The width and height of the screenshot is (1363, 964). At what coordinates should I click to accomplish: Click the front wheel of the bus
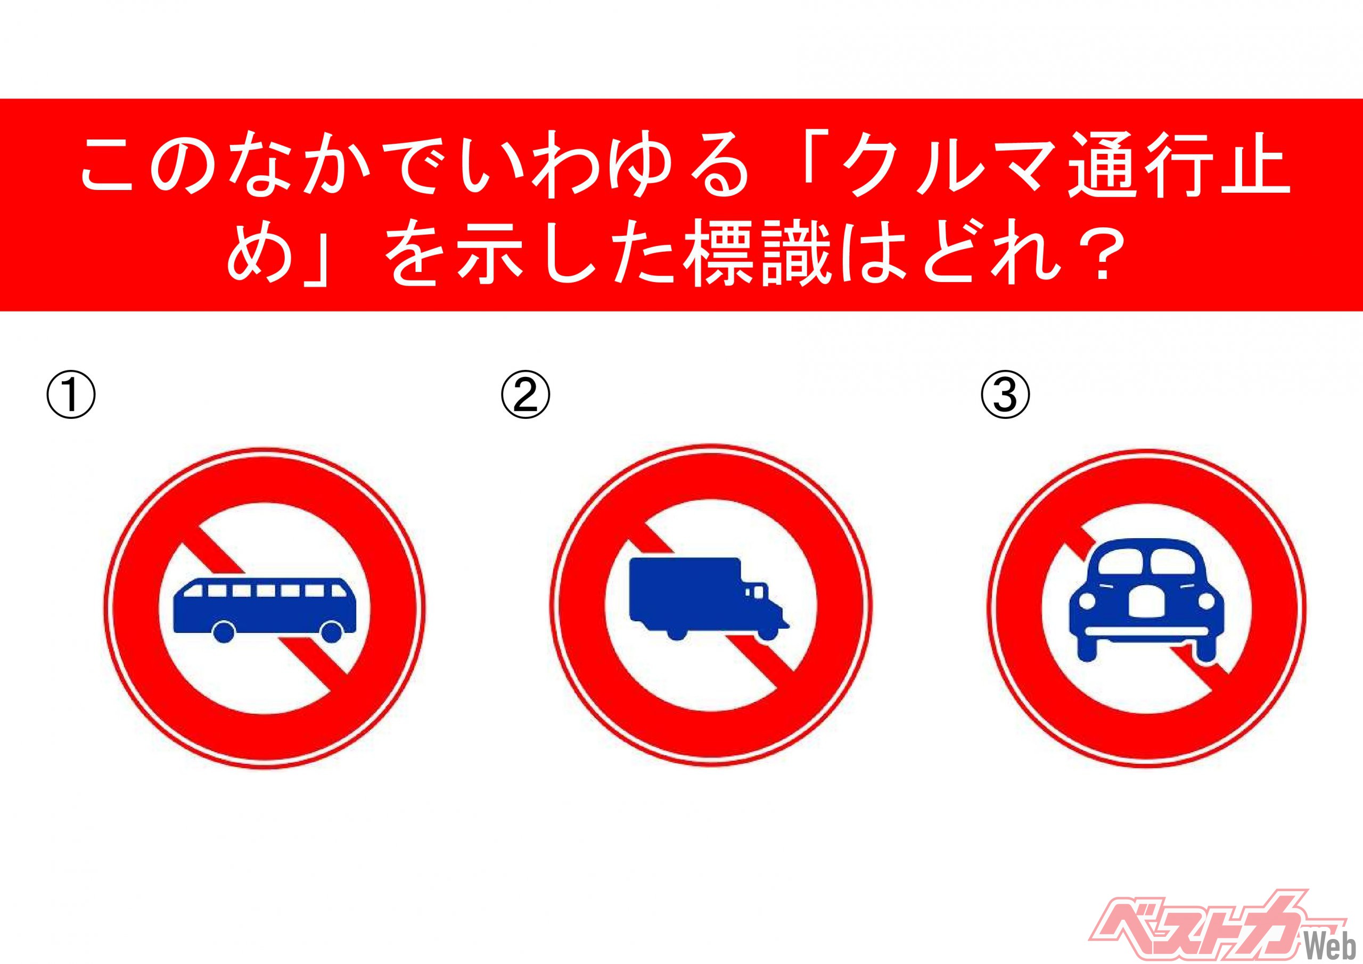(x=331, y=632)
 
